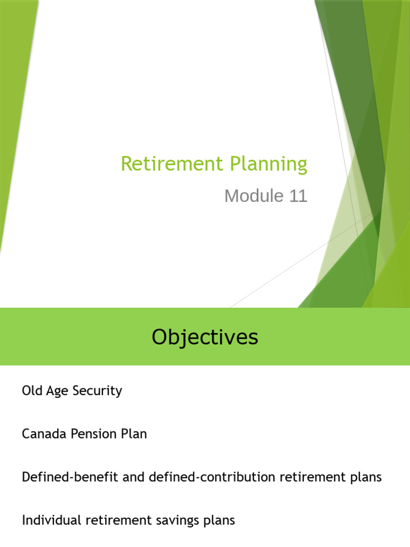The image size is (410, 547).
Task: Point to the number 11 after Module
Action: pyautogui.click(x=298, y=196)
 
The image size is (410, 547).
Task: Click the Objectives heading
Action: pyautogui.click(x=204, y=337)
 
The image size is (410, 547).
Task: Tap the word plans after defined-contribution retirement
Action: pyautogui.click(x=366, y=478)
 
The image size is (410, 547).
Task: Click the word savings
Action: pyautogui.click(x=175, y=520)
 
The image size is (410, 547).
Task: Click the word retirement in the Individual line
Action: pyautogui.click(x=114, y=520)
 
